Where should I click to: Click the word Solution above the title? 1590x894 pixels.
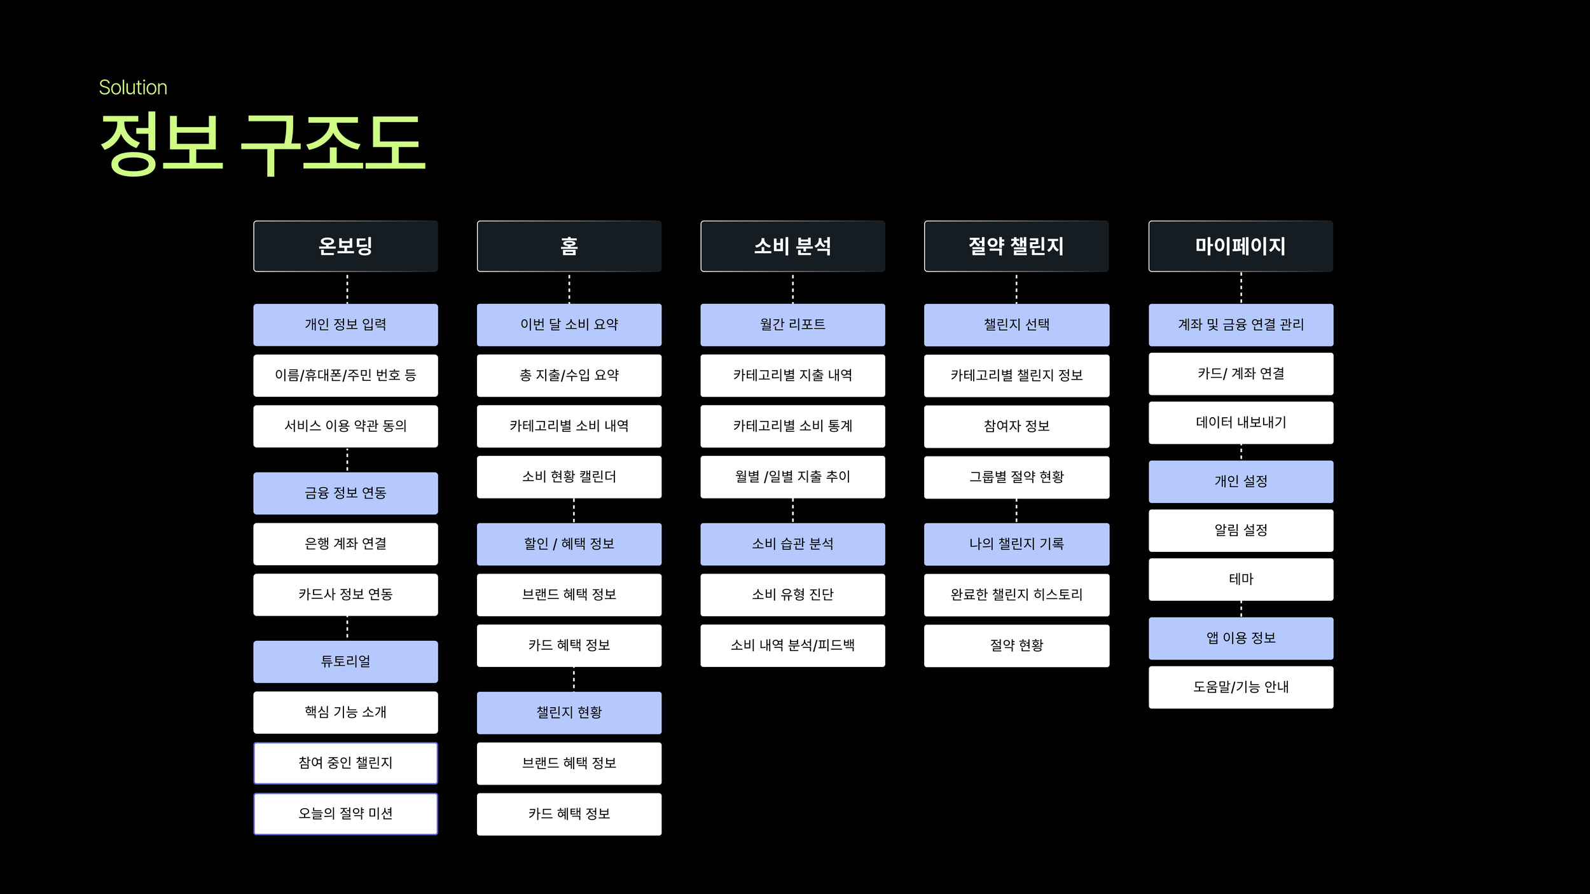click(x=133, y=88)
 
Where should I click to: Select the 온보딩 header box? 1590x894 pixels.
click(x=345, y=246)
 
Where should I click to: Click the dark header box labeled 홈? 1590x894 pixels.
click(x=569, y=246)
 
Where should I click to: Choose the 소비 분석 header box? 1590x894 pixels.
click(x=792, y=246)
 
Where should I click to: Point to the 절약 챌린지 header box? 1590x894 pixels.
click(x=1016, y=246)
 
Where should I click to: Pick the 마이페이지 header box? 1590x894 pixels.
click(x=1240, y=246)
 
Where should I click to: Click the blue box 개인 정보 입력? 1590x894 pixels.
click(x=345, y=324)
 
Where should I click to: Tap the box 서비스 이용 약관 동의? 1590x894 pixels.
click(x=345, y=426)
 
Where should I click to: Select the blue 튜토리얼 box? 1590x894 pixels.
click(x=345, y=661)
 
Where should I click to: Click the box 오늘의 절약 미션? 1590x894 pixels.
click(x=345, y=813)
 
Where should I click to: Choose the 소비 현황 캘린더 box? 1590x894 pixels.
click(x=569, y=477)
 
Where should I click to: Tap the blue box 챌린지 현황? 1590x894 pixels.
click(x=569, y=712)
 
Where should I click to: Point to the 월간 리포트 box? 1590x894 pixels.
click(x=792, y=324)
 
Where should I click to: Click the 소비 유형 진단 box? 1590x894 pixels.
click(x=792, y=595)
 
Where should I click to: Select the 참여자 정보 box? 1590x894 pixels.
click(x=1016, y=426)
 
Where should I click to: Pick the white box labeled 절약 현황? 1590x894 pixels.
click(x=1016, y=645)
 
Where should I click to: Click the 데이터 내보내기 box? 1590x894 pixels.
click(x=1240, y=422)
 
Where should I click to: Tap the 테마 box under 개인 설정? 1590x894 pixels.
click(x=1240, y=579)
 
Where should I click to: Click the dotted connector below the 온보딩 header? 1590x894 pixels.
click(x=347, y=288)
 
